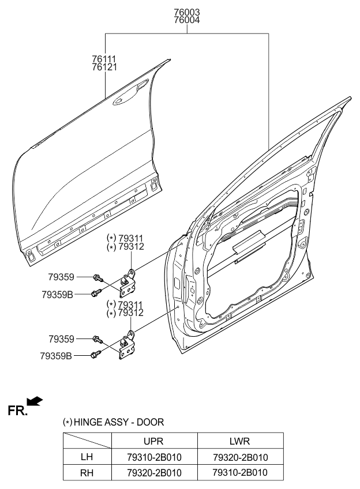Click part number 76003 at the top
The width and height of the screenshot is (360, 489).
[187, 12]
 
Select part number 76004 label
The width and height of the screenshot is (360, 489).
[187, 20]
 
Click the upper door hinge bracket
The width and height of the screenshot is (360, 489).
[129, 283]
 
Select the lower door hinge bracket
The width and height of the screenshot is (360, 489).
[127, 347]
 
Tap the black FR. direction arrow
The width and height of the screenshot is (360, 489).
[35, 401]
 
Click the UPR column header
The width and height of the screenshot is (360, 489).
[153, 441]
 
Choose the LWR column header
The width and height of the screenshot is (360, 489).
[239, 441]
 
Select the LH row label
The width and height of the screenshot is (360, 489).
[87, 457]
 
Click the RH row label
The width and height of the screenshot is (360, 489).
[87, 473]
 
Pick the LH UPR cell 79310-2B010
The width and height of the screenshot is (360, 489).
[153, 457]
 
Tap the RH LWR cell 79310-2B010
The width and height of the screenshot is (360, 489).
[239, 473]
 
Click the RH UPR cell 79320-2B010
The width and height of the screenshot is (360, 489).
[153, 473]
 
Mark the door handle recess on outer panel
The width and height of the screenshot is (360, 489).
[122, 102]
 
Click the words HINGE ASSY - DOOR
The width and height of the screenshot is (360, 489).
[119, 423]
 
